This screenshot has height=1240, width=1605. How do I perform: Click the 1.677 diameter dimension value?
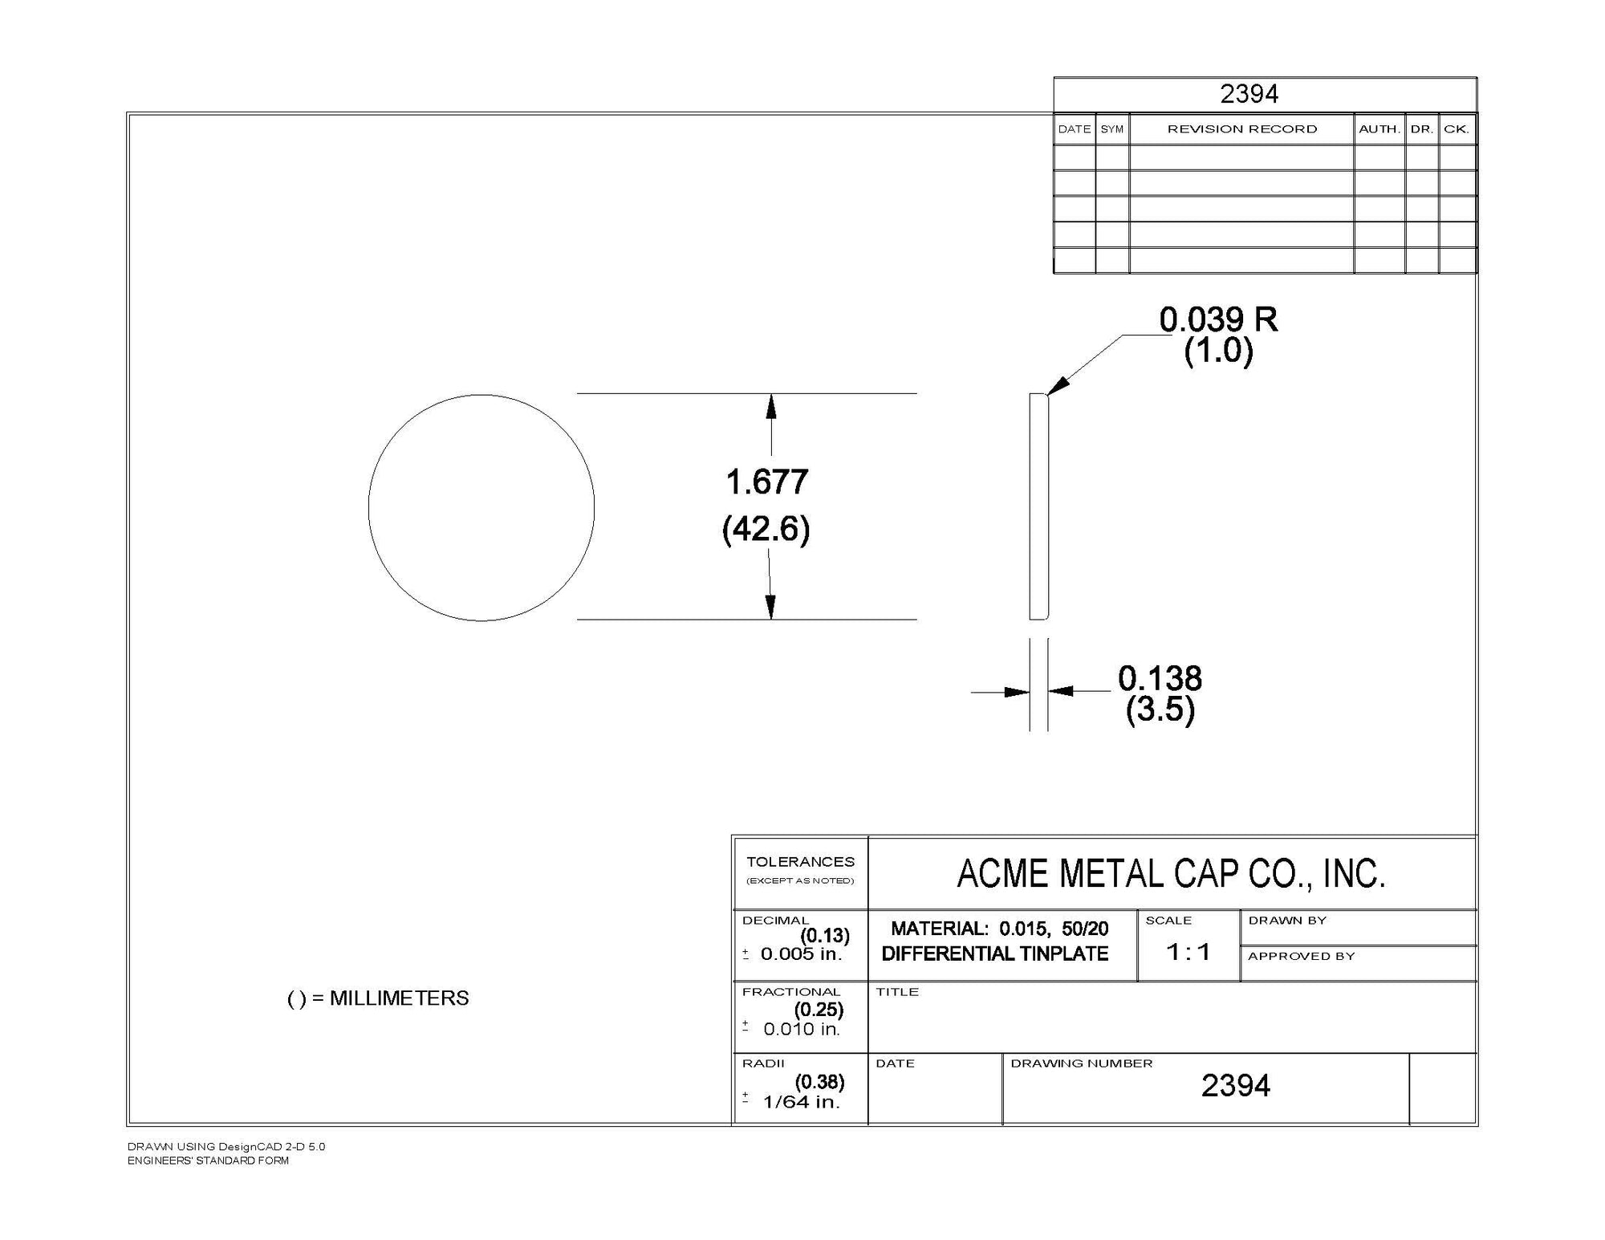click(x=767, y=482)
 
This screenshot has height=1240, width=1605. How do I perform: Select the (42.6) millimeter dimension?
click(x=766, y=529)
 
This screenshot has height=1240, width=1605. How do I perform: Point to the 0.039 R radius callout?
click(x=1218, y=319)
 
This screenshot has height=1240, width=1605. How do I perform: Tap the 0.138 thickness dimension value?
click(x=1160, y=679)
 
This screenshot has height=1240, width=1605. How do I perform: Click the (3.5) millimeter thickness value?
click(x=1160, y=709)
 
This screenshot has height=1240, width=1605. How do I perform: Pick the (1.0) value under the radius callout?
click(x=1218, y=351)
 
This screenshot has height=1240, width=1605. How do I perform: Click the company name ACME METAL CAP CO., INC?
click(x=1172, y=874)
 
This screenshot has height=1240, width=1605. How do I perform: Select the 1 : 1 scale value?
click(x=1189, y=952)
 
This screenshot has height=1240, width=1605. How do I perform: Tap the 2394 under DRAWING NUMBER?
click(x=1236, y=1086)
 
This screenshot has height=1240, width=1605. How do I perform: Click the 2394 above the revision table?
click(x=1249, y=94)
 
